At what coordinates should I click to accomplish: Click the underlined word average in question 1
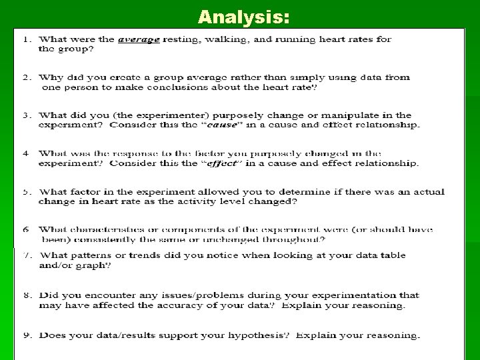coord(139,39)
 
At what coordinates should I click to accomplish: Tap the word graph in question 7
coord(96,265)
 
